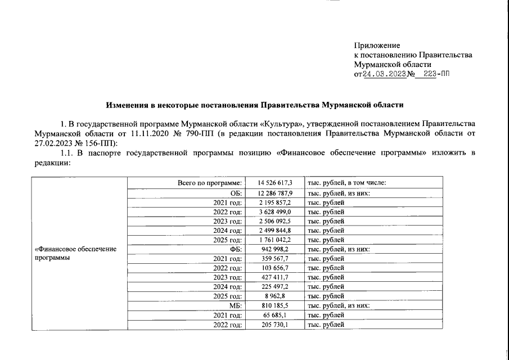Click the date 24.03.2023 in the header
385,74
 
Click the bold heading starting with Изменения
255,105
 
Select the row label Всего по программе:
210,183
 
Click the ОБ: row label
237,192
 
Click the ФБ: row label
237,249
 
